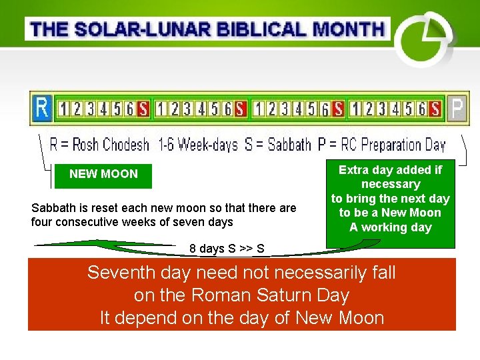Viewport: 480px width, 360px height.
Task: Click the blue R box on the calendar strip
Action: tap(42, 107)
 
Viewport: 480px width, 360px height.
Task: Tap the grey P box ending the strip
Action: tap(455, 108)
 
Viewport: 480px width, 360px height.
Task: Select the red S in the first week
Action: tap(143, 109)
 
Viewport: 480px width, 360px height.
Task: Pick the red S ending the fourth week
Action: tap(435, 109)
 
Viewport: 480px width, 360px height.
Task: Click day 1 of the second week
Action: tap(162, 109)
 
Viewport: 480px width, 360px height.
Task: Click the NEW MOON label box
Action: tap(103, 174)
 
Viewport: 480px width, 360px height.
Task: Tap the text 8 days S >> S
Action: tap(227, 249)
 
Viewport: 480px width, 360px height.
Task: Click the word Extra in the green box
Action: tap(353, 170)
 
